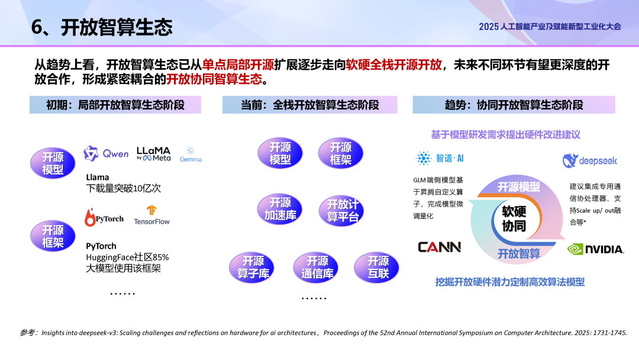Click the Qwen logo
coord(106,154)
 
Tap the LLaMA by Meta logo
coord(153,154)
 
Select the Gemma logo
coord(191,155)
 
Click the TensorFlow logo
coord(151,215)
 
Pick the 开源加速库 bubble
coord(279,209)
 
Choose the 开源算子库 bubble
coord(252,267)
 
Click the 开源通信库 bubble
coord(317,267)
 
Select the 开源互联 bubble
coord(377,267)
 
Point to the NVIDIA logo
coord(595,249)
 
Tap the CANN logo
coord(439,247)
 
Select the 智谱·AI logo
coord(440,158)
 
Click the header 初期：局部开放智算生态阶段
coord(115,105)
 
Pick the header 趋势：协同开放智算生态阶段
coord(514,105)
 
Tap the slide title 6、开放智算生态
coord(102,27)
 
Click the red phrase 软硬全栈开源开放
coord(394,65)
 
